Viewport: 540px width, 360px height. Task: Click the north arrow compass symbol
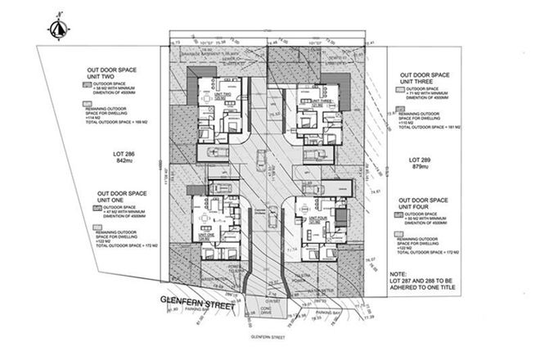[57, 26]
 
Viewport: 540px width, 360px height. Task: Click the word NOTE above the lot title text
[399, 274]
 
